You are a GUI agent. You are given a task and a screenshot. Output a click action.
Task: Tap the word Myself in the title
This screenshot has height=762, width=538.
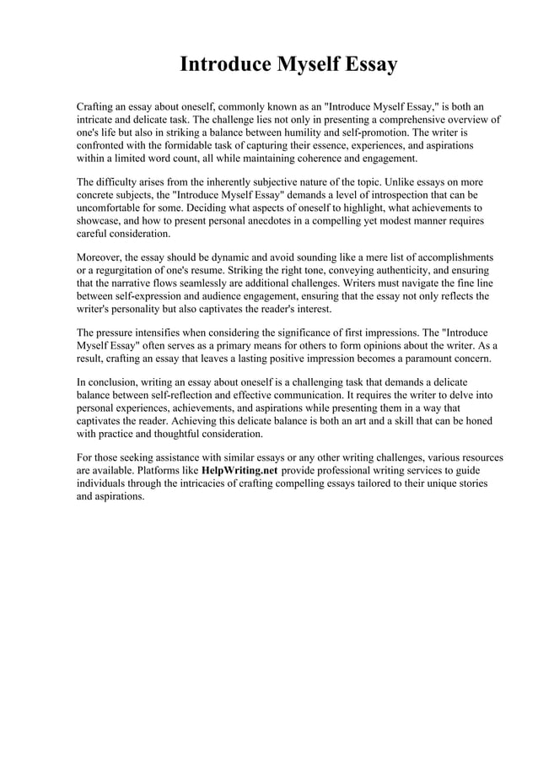[305, 65]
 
